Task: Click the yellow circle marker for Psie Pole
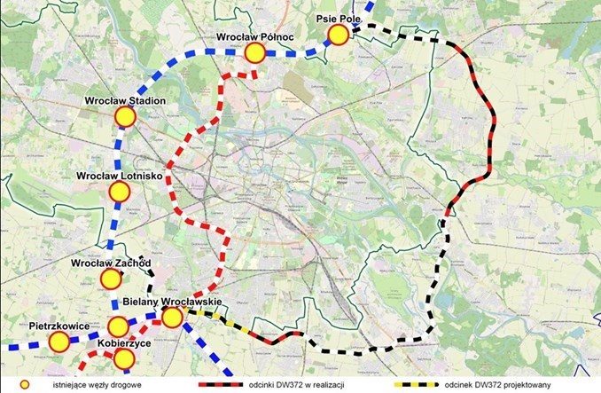point(338,35)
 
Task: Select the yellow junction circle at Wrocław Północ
point(255,53)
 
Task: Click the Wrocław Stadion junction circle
point(122,118)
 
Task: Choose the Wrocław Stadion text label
point(125,101)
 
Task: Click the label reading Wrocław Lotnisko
point(118,176)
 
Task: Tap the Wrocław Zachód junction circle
point(111,279)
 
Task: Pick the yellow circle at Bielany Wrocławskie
point(172,317)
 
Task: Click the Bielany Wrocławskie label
point(172,303)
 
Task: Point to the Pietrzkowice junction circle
point(59,342)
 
